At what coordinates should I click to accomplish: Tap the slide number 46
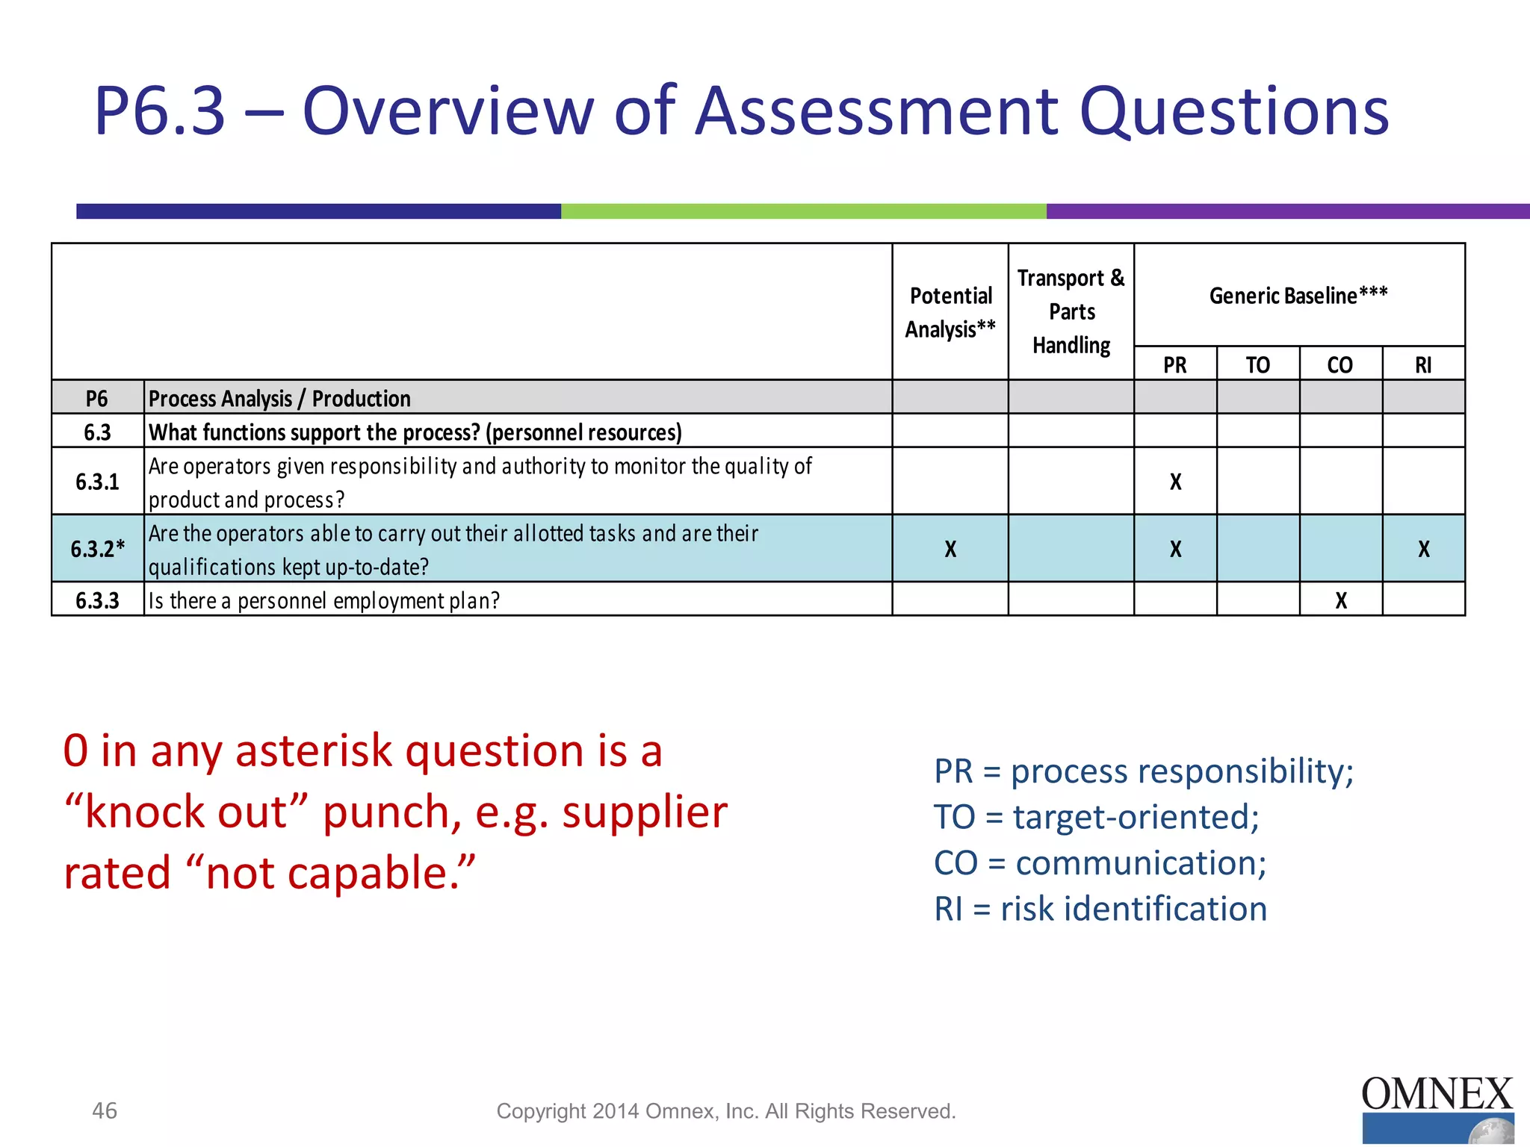[x=105, y=1110]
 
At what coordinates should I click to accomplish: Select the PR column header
[x=1175, y=365]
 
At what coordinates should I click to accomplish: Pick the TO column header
[x=1258, y=365]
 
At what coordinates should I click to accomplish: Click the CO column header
[x=1340, y=365]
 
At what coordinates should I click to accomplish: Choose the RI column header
[x=1423, y=365]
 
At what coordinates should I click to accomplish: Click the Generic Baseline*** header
[x=1298, y=296]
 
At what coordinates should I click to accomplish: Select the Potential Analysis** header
[x=950, y=312]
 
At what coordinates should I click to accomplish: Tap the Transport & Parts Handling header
[x=1071, y=311]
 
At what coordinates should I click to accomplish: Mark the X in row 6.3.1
[x=1176, y=482]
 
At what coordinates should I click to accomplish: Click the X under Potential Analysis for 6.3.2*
[x=950, y=549]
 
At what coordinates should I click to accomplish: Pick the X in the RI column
[x=1424, y=549]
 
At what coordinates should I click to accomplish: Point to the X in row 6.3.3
[x=1341, y=600]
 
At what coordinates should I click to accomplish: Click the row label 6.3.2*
[x=97, y=549]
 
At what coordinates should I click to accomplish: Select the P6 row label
[x=97, y=398]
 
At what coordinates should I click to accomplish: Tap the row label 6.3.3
[x=97, y=600]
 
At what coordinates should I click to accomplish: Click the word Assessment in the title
[x=877, y=112]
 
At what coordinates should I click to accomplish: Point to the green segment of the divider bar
[x=803, y=211]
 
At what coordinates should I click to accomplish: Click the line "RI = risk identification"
[x=1100, y=909]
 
